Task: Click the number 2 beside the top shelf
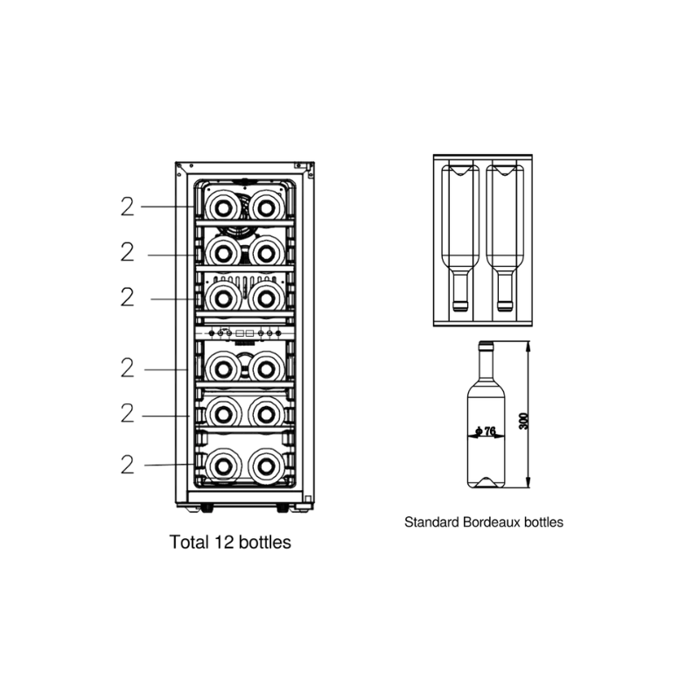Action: pos(127,206)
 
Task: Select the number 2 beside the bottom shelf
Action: pos(127,465)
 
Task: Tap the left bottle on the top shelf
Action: pos(223,206)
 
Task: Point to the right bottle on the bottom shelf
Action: pos(267,465)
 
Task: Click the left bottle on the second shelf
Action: pos(223,253)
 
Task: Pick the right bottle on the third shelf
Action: pos(267,297)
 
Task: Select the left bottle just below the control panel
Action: pos(223,368)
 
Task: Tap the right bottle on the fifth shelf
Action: pos(267,413)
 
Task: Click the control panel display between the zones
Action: pos(245,333)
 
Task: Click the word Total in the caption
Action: pos(189,542)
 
